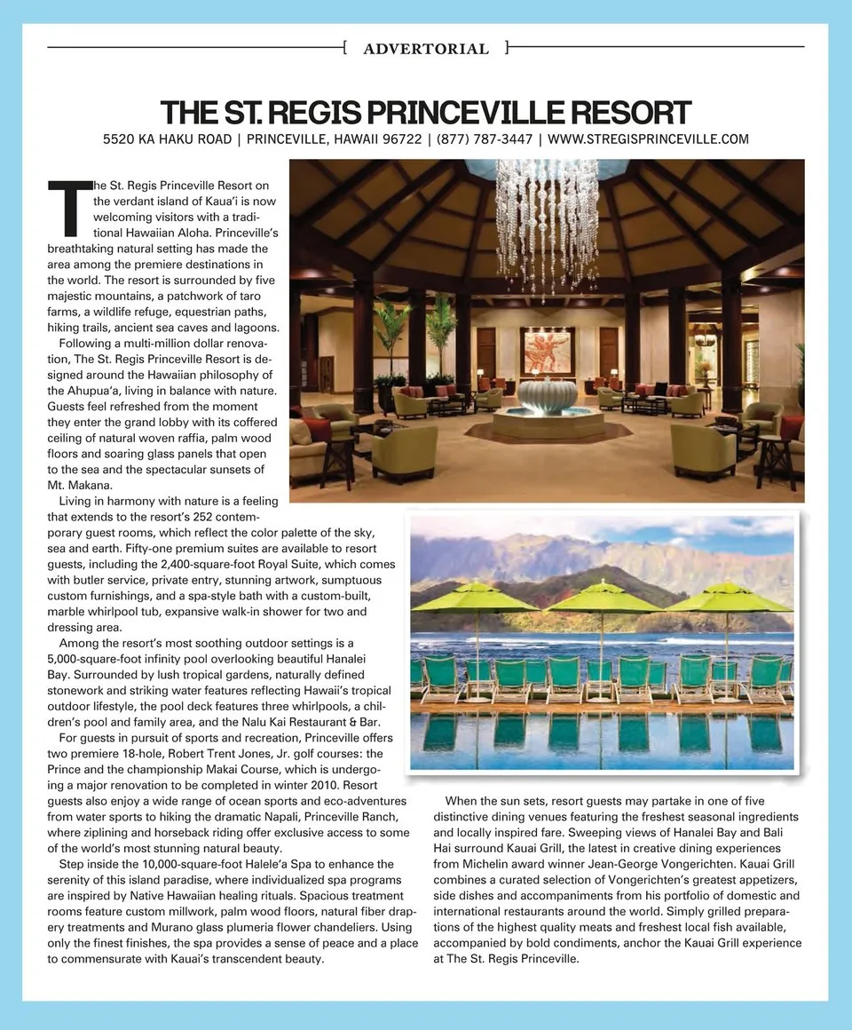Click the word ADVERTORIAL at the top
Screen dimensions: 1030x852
[426, 49]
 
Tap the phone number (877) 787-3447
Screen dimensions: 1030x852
[485, 139]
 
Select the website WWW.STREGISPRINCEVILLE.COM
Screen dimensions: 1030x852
[649, 139]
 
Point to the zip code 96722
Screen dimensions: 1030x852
[402, 139]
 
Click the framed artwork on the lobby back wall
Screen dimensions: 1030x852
[548, 352]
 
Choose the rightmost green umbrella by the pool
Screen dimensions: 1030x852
[728, 598]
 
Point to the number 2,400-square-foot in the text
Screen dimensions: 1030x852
[207, 564]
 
